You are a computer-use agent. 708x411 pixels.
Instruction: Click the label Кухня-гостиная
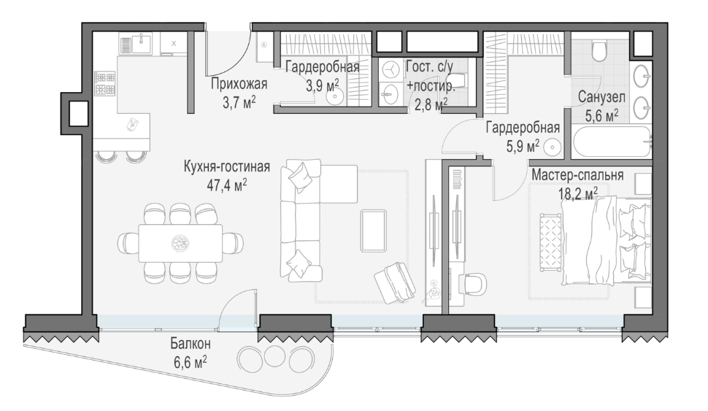(227, 166)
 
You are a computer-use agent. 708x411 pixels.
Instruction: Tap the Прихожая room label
(239, 84)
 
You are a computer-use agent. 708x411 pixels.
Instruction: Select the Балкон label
(190, 344)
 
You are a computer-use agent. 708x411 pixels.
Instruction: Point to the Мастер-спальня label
(577, 175)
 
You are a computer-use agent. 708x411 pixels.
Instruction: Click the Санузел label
(601, 97)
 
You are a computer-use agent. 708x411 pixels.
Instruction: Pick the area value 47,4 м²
(227, 185)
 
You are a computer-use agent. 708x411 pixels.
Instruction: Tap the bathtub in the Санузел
(612, 142)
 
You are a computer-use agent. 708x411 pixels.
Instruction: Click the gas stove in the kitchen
(105, 83)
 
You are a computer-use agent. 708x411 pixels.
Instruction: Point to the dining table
(180, 243)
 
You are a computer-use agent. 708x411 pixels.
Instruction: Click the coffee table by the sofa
(374, 231)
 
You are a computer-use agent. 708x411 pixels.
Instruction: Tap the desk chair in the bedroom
(473, 285)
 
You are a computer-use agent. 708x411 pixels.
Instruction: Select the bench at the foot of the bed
(551, 242)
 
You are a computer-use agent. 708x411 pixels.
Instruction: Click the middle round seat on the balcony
(273, 356)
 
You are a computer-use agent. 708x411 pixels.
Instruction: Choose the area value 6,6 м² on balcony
(190, 362)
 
